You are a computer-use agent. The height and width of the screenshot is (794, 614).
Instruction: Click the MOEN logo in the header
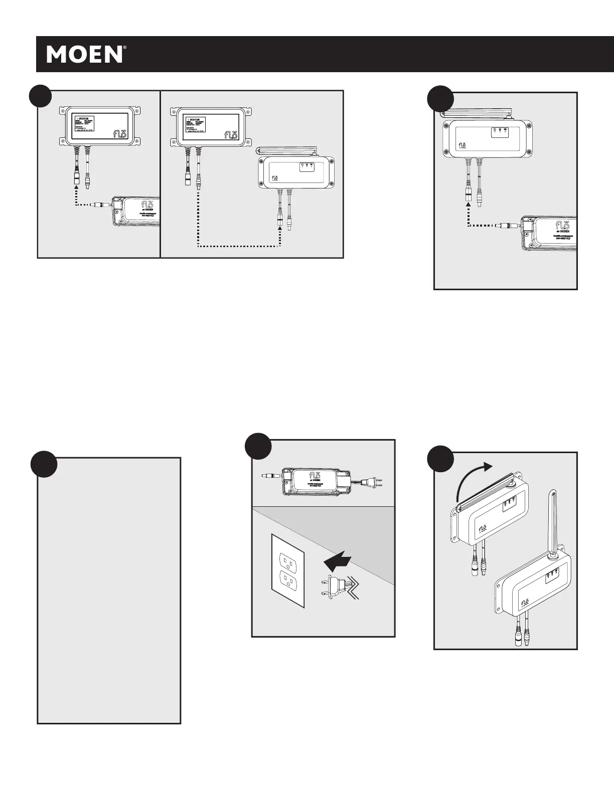point(84,54)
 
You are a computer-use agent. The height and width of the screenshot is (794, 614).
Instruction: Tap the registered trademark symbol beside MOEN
point(124,49)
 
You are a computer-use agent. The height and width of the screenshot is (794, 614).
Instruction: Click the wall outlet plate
point(287,570)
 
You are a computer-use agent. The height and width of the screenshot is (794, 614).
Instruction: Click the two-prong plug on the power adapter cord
point(373,482)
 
